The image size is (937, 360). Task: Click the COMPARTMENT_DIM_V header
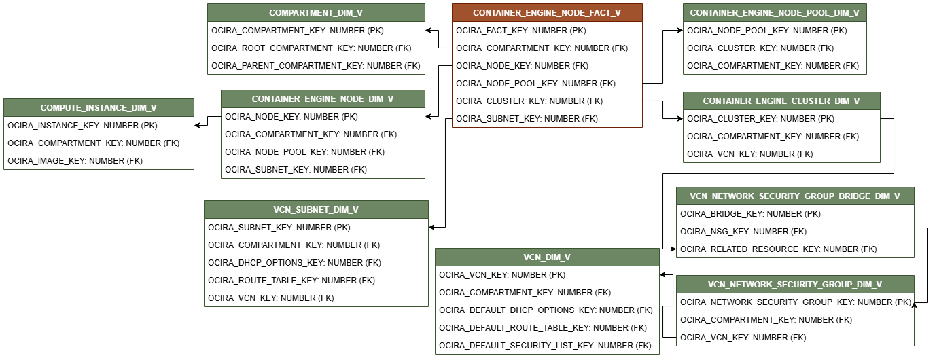[x=316, y=13]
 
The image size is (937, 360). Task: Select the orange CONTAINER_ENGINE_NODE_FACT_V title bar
[x=547, y=13]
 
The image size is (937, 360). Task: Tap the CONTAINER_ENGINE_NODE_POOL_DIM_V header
[x=775, y=13]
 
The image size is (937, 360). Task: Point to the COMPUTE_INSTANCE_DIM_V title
[x=99, y=108]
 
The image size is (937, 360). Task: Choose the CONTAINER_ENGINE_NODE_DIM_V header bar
[x=323, y=99]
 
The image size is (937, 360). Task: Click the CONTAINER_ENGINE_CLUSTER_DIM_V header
[x=781, y=101]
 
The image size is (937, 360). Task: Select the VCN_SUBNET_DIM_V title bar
[x=316, y=210]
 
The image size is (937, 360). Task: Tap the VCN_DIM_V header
[x=547, y=257]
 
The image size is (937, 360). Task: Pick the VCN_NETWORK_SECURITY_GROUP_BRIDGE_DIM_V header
[x=795, y=196]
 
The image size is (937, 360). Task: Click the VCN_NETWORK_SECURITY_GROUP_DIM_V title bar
[x=795, y=285]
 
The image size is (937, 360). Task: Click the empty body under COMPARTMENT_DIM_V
[x=316, y=48]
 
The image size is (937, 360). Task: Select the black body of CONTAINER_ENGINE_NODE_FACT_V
[x=547, y=74]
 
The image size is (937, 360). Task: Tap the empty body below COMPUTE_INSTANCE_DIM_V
[x=99, y=143]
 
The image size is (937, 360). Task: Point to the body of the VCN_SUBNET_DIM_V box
[x=316, y=262]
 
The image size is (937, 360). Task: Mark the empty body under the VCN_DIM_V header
[x=547, y=310]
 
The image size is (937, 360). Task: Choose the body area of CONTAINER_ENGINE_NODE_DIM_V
[x=323, y=143]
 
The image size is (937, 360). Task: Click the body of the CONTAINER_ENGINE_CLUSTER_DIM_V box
[x=781, y=136]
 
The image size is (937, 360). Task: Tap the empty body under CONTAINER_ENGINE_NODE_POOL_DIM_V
[x=775, y=48]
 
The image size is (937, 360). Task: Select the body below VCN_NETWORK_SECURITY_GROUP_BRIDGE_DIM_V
[x=795, y=231]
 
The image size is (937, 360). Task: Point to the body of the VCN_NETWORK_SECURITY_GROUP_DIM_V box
[x=795, y=319]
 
